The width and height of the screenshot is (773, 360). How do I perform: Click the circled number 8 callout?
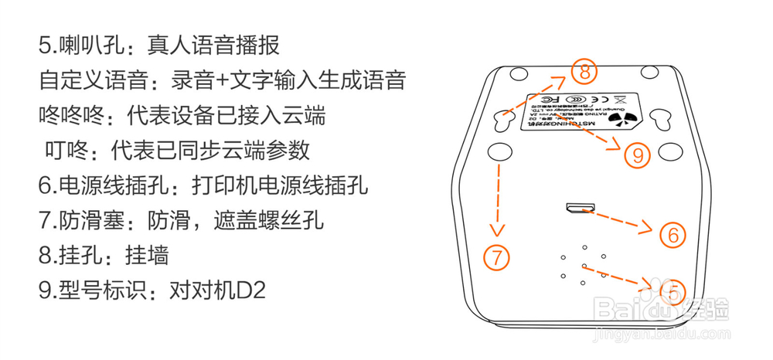pyautogui.click(x=584, y=73)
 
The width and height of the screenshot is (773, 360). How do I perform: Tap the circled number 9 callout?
pyautogui.click(x=638, y=155)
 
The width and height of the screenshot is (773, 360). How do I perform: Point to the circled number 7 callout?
pyautogui.click(x=497, y=256)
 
